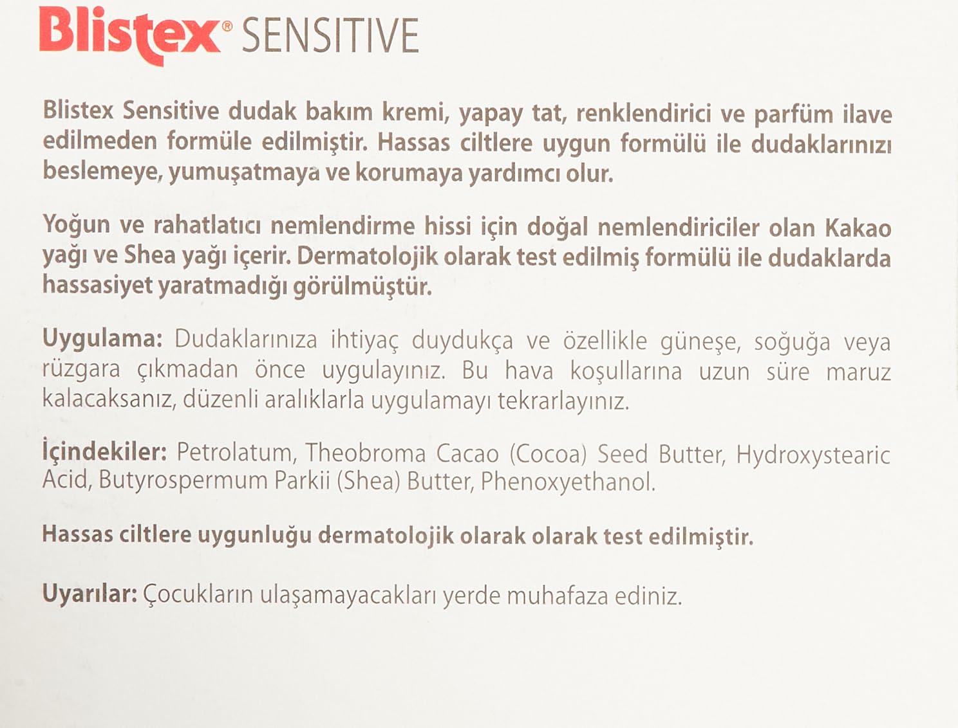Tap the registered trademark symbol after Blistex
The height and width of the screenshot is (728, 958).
[227, 27]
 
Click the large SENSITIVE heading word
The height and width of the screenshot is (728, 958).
[330, 36]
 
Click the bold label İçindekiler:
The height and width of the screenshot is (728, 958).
[105, 454]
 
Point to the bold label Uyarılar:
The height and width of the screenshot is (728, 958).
[90, 595]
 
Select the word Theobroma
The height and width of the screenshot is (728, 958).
[365, 453]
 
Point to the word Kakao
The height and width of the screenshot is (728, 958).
[858, 228]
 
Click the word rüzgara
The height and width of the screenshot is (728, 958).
[81, 371]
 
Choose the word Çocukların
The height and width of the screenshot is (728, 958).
[198, 596]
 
